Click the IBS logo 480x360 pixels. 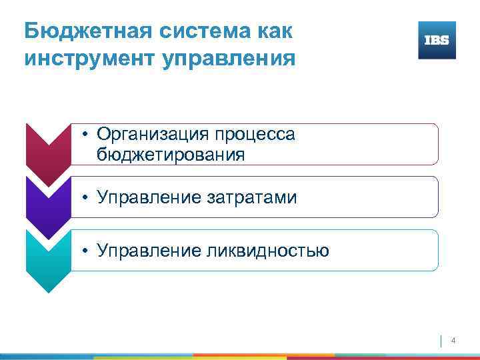point(437,40)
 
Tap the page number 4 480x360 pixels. point(453,341)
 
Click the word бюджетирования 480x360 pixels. point(171,155)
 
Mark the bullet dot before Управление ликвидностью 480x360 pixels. point(87,252)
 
